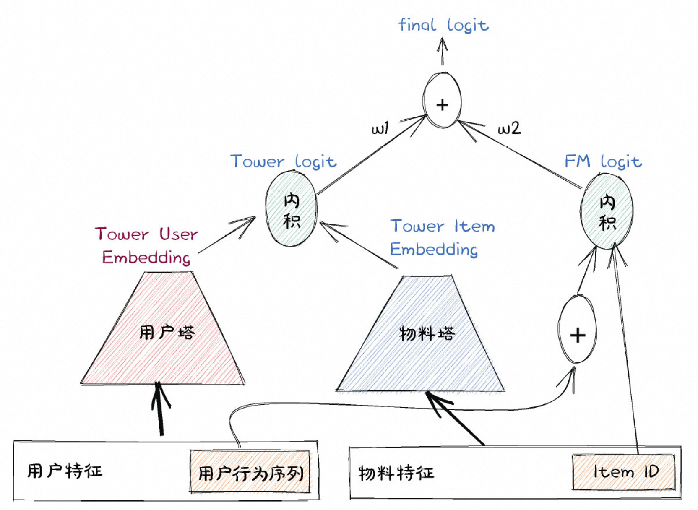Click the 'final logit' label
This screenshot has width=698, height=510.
click(x=443, y=25)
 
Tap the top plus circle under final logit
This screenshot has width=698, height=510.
click(x=442, y=101)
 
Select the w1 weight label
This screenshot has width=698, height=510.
click(x=380, y=128)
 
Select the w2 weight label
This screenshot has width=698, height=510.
click(x=509, y=128)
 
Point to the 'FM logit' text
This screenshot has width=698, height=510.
click(x=603, y=161)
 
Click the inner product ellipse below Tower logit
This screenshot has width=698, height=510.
click(x=292, y=209)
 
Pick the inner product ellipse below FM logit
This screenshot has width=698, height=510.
click(x=607, y=212)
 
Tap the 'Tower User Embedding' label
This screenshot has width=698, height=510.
click(x=146, y=245)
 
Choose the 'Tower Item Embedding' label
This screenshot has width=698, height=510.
click(x=442, y=237)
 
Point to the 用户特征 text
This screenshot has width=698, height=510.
click(x=65, y=471)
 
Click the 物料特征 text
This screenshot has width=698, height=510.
click(x=396, y=473)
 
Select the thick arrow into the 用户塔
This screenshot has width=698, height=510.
click(x=159, y=409)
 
